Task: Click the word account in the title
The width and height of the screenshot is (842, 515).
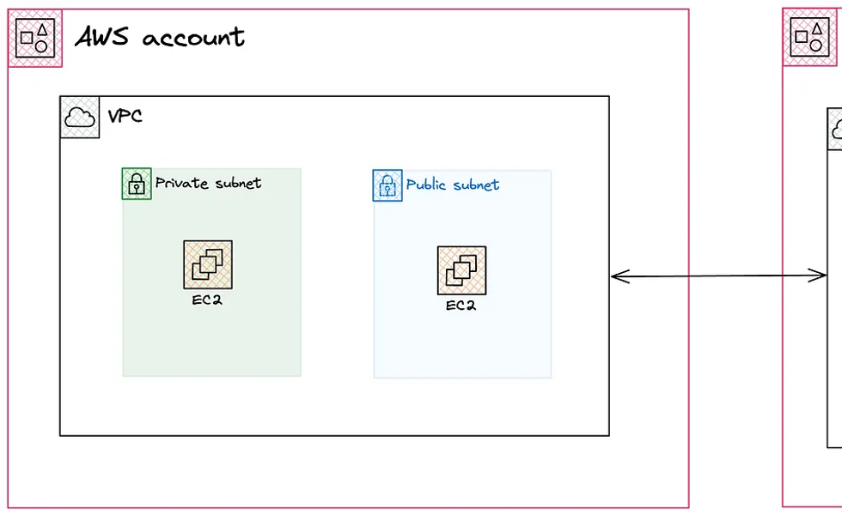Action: click(193, 38)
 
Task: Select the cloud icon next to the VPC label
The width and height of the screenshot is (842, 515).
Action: click(80, 117)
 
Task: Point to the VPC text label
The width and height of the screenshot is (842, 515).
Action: click(125, 115)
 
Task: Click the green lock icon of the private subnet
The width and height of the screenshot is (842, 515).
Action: click(137, 184)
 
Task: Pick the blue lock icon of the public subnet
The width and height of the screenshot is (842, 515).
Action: click(387, 185)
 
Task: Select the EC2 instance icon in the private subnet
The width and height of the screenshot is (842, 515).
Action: click(208, 265)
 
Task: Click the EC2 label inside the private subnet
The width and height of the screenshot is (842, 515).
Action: click(208, 300)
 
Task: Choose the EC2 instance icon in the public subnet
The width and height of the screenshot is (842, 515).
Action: click(461, 271)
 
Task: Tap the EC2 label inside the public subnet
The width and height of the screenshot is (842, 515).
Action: click(461, 305)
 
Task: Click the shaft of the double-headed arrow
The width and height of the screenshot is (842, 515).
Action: click(718, 276)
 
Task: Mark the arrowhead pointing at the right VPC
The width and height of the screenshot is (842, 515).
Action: click(820, 276)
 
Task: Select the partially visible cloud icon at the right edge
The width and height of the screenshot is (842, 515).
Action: click(836, 130)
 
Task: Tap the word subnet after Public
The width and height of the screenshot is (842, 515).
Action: click(477, 185)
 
